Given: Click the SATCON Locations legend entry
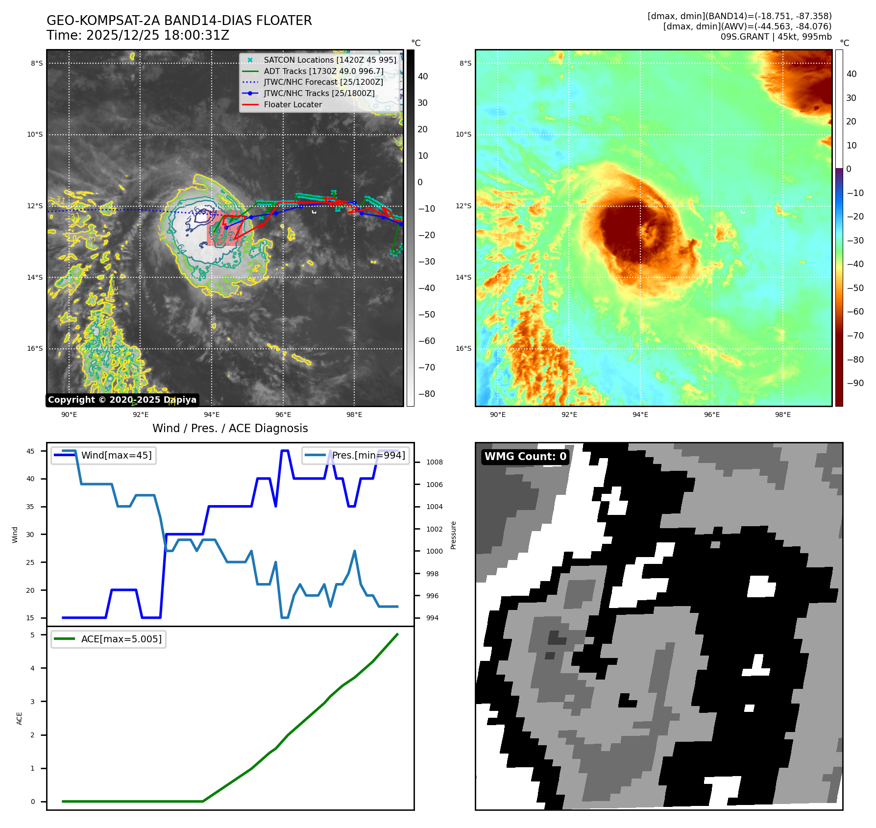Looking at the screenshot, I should tap(330, 60).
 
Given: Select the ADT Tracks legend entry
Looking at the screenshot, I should tap(323, 71).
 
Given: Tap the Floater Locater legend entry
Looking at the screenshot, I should tap(292, 104).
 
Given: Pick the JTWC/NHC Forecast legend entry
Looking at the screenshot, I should tap(323, 82).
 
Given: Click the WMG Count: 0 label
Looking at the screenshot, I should tap(525, 457).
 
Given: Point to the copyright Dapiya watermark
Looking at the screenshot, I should tap(122, 400).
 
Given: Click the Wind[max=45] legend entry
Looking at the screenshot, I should tap(116, 455).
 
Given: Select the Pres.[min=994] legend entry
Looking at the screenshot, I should tap(368, 455).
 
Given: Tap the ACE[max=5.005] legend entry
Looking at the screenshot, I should tap(121, 639).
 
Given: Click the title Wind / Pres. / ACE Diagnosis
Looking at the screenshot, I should tap(230, 428).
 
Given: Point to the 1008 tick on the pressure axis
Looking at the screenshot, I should tap(434, 462).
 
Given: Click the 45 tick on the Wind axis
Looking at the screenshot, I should tap(30, 451).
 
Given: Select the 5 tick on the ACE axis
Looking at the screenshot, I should tap(33, 635).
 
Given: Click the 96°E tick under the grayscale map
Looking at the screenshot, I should tap(283, 414).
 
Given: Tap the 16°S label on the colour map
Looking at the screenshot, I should tap(463, 349).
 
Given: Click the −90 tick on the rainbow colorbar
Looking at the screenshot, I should tap(855, 383).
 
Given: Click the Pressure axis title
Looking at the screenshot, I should tap(453, 535).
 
